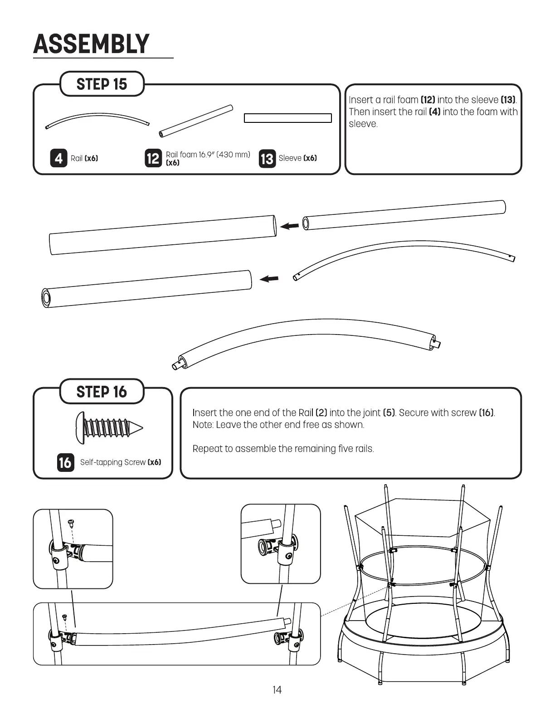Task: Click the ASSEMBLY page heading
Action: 91,44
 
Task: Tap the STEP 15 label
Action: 102,84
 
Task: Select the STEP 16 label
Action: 102,392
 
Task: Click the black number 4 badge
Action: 58,158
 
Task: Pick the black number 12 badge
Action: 153,158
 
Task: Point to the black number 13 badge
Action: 267,159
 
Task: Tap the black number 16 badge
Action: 65,462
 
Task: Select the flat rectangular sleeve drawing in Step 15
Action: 288,118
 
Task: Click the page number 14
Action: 277,690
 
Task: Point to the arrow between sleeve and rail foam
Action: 289,225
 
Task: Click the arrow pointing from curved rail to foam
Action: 269,279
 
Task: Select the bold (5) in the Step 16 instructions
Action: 389,412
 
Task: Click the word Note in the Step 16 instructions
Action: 203,425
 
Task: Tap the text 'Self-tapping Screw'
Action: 113,462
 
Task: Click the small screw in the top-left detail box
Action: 70,523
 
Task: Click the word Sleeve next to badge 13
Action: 290,158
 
